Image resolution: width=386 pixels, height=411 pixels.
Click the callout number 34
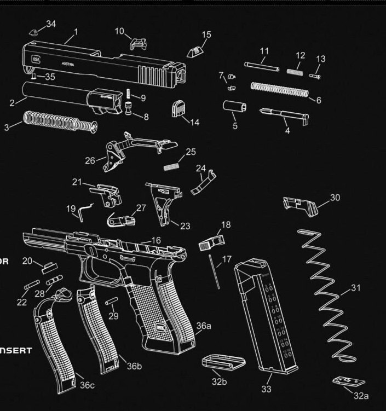click(x=51, y=24)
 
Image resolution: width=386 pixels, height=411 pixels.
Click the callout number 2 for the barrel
click(x=12, y=102)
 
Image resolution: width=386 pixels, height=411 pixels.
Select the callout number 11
click(x=264, y=51)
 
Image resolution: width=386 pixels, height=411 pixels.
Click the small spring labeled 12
click(x=295, y=70)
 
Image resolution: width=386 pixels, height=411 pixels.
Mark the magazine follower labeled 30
click(x=301, y=206)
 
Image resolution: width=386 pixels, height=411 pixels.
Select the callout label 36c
click(x=87, y=385)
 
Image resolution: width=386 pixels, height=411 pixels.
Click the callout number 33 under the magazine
click(x=267, y=389)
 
